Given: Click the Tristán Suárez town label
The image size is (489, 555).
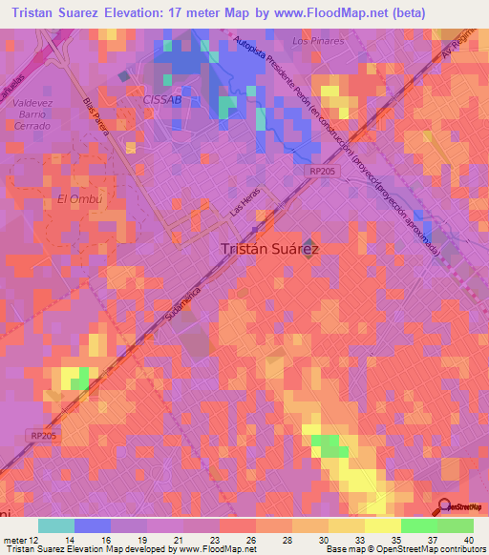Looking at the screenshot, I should (x=269, y=248).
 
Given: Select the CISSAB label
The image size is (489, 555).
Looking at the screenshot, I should (x=161, y=99).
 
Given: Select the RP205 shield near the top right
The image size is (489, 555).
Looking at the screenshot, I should (x=348, y=169).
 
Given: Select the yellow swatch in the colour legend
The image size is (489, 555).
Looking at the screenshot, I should (x=382, y=525).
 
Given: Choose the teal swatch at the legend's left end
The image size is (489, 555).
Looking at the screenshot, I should (x=56, y=525).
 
